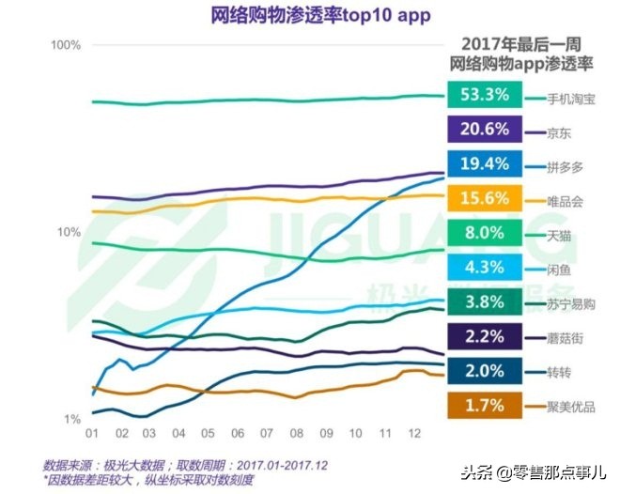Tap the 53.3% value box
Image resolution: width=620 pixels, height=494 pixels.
[485, 95]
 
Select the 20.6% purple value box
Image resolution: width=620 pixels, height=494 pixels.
[485, 130]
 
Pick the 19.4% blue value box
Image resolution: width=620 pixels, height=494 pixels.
[485, 164]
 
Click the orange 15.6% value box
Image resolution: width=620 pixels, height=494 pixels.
[485, 198]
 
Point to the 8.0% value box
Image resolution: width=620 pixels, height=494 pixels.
[485, 233]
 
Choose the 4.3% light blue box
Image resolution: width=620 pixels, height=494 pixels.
[485, 268]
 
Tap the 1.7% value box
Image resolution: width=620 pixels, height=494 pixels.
[485, 406]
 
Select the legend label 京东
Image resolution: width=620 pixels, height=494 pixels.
[558, 131]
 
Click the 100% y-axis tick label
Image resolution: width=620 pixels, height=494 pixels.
[67, 45]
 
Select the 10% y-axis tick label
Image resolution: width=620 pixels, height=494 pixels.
[70, 232]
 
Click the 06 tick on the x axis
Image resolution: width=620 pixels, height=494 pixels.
[239, 435]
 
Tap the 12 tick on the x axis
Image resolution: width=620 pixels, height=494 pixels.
[414, 435]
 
